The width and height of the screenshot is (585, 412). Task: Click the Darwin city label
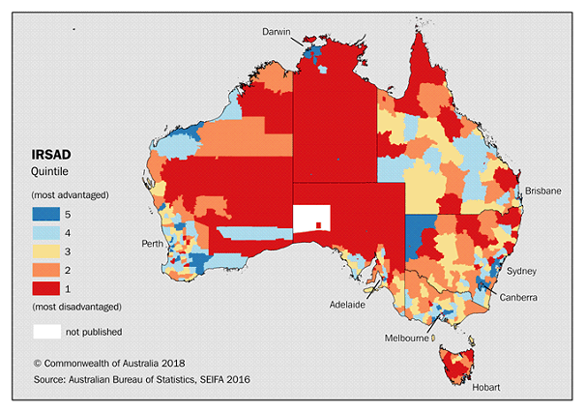pos(278,32)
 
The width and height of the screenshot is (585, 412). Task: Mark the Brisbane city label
pos(542,191)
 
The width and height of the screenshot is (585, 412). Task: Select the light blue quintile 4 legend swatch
pos(46,233)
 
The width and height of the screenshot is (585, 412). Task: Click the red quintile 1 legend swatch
pos(46,288)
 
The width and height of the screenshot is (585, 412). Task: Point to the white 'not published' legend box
pos(46,332)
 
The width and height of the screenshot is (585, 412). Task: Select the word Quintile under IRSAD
pos(52,171)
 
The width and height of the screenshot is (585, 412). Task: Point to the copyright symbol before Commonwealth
pos(38,363)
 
